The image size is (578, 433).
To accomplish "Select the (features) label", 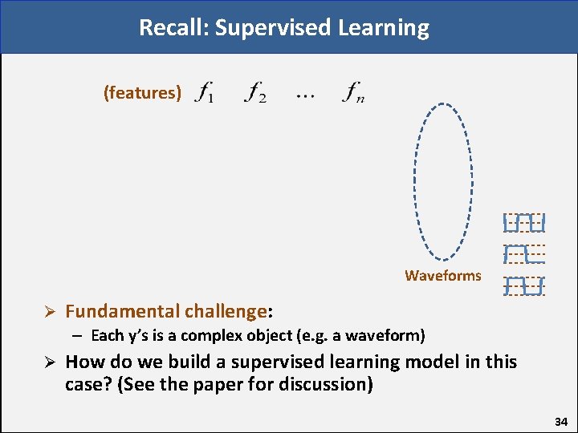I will click(x=142, y=93).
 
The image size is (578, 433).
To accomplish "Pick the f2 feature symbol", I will click(x=256, y=93).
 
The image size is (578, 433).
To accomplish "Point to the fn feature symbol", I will click(x=353, y=93).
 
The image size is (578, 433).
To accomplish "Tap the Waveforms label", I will click(x=443, y=276).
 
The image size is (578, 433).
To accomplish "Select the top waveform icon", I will click(x=524, y=221).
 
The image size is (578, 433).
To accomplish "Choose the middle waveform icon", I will click(x=524, y=253).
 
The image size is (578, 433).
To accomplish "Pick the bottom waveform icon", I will click(x=524, y=285).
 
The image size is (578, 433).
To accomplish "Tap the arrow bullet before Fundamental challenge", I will click(x=47, y=311).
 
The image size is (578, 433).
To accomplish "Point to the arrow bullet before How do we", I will click(x=47, y=362).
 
